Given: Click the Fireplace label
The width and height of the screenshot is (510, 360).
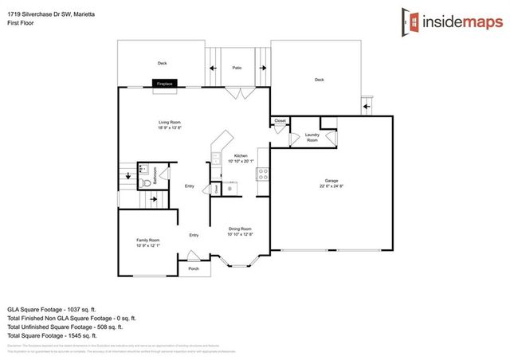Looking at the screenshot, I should click(165, 83).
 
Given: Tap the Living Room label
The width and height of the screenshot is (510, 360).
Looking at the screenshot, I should click(169, 124).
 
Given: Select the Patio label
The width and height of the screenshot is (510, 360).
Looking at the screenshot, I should click(237, 68).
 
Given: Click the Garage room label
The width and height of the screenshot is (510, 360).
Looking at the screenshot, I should click(333, 184).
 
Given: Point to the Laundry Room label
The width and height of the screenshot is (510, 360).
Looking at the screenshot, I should click(312, 137).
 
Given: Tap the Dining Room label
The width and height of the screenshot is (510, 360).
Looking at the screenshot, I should click(240, 231).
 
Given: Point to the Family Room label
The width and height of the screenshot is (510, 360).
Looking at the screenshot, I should click(148, 242).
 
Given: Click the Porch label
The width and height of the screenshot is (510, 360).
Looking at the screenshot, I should click(194, 269).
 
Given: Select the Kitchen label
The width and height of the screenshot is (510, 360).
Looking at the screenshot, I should click(241, 158).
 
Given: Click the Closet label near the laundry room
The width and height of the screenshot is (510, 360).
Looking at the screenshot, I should click(280, 121).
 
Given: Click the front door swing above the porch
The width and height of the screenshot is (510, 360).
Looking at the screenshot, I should click(193, 256).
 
